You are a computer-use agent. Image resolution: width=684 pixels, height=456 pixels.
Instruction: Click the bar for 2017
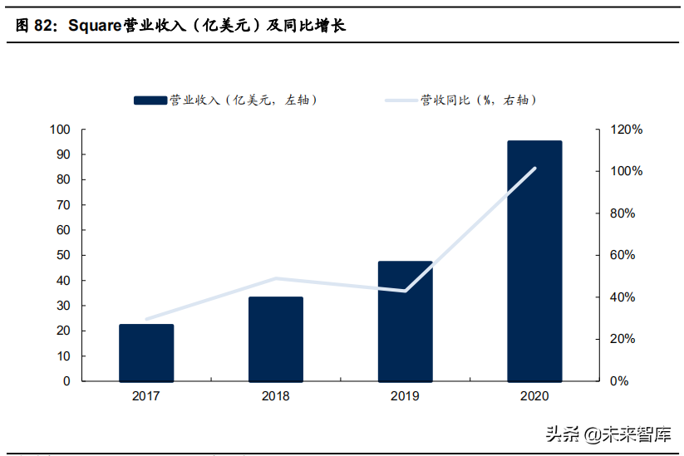pyautogui.click(x=146, y=352)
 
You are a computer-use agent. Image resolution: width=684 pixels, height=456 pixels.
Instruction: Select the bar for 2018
pyautogui.click(x=276, y=339)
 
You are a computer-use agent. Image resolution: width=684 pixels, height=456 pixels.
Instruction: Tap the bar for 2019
pyautogui.click(x=405, y=321)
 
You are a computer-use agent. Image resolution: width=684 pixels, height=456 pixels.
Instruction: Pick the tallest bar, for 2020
pyautogui.click(x=534, y=261)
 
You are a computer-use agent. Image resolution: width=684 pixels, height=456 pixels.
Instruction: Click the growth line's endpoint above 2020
pyautogui.click(x=534, y=169)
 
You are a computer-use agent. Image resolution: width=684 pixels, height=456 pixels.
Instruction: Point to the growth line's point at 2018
pyautogui.click(x=276, y=278)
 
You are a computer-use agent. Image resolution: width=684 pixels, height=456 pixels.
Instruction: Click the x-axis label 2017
pyautogui.click(x=146, y=396)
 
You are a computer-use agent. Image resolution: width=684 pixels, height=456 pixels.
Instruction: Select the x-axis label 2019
pyautogui.click(x=405, y=396)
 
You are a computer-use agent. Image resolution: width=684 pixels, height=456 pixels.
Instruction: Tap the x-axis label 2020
pyautogui.click(x=534, y=396)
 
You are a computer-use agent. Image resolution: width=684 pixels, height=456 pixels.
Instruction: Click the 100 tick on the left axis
pyautogui.click(x=60, y=130)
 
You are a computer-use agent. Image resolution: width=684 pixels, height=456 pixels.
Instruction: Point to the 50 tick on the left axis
pyautogui.click(x=63, y=255)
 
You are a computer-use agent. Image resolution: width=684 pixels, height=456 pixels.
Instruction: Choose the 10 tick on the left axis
pyautogui.click(x=63, y=356)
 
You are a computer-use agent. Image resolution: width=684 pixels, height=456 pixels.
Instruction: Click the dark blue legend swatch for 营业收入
pyautogui.click(x=150, y=101)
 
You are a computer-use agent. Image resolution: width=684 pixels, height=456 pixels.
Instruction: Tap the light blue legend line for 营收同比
pyautogui.click(x=400, y=101)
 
